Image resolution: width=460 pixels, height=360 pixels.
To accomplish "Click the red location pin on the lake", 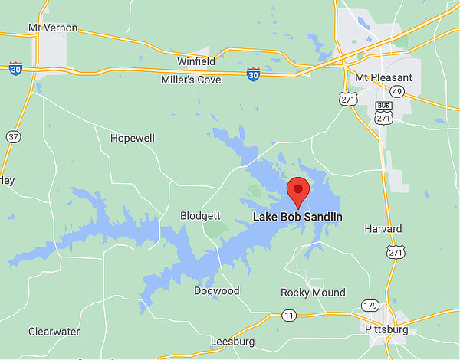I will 297,191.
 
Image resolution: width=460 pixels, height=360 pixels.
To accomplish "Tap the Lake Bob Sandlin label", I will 297,218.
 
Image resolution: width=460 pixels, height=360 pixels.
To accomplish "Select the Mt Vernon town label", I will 53,28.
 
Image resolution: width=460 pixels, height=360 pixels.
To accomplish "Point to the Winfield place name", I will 196,61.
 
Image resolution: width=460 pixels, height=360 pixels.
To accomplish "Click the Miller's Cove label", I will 191,80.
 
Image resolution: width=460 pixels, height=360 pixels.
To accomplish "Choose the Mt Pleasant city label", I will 383,78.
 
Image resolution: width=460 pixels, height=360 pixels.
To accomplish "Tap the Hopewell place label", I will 133,139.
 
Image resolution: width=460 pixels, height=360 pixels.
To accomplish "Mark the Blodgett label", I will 200,216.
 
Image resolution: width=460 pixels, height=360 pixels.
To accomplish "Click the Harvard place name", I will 383,229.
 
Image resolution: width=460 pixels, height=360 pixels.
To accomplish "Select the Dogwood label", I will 217,291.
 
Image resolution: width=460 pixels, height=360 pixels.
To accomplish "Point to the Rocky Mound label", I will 313,293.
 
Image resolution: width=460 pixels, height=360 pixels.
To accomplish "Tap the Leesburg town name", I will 232,341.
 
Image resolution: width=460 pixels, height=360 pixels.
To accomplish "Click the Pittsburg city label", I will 386,329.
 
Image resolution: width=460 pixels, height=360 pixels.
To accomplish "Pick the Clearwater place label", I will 54,332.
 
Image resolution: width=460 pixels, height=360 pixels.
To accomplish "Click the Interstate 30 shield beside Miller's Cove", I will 254,74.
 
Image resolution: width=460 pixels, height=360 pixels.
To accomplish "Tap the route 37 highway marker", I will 13,136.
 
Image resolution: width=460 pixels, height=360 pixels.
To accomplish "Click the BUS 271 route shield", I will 384,113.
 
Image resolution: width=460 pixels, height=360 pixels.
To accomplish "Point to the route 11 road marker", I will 288,315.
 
